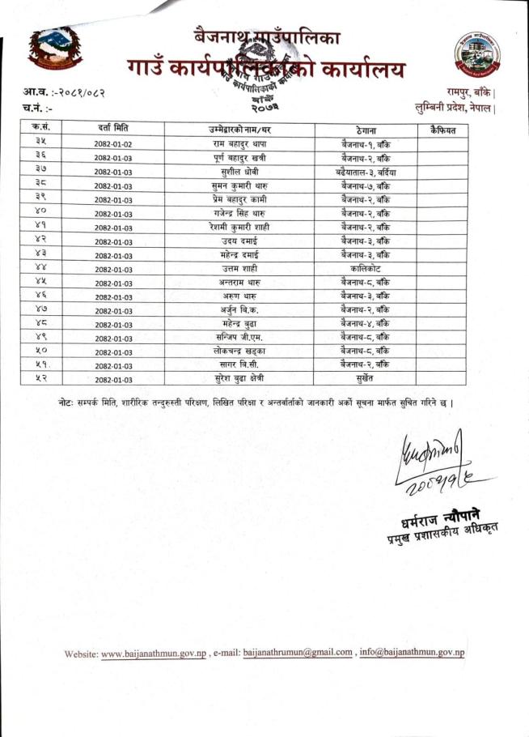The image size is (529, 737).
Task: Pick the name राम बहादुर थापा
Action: coord(239,144)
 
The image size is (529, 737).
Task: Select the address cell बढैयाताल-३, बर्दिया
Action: coord(366,173)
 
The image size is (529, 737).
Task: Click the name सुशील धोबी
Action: coord(239,173)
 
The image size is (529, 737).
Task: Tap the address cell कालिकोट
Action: coord(366,266)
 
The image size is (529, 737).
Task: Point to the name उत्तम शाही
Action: coord(239,266)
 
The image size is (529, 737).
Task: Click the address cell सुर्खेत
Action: coord(366,378)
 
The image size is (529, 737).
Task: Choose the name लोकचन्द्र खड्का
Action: coord(239,351)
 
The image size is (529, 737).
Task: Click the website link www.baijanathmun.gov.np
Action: coord(154,653)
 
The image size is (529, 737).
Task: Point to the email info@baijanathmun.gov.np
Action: coord(413,653)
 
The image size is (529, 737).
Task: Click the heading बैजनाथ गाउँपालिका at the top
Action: coord(267,36)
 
